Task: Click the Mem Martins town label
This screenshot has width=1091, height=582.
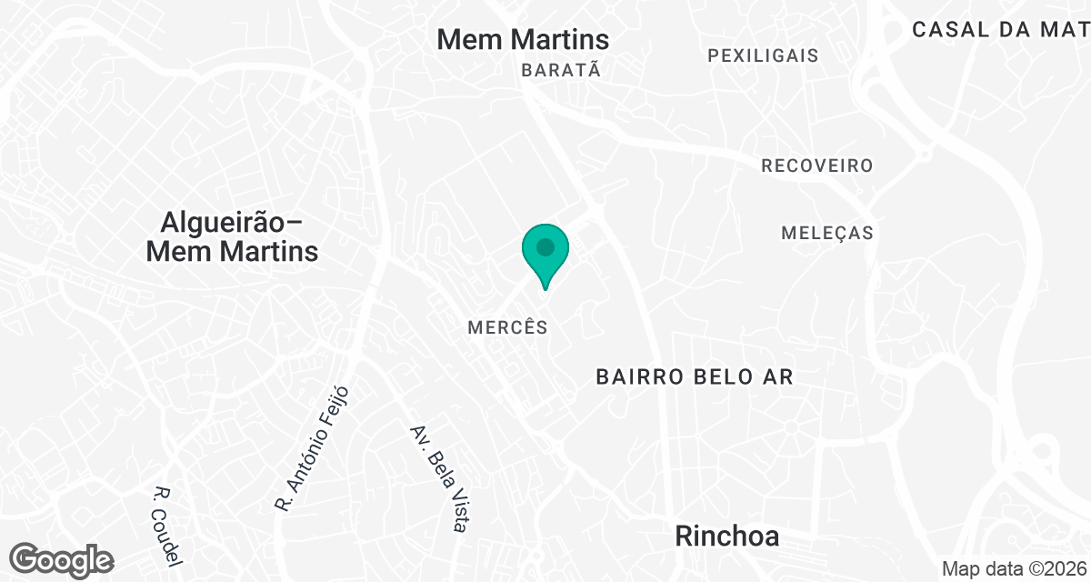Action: click(523, 39)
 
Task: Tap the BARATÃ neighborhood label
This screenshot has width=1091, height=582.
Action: click(561, 70)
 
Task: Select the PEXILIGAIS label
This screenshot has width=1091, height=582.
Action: click(763, 55)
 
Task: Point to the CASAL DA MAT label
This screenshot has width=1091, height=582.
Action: click(1000, 29)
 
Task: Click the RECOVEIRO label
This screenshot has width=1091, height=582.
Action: click(816, 166)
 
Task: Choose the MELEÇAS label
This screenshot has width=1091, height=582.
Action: click(827, 233)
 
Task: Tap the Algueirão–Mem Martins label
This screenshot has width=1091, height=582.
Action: click(232, 236)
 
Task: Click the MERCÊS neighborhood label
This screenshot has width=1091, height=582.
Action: click(507, 327)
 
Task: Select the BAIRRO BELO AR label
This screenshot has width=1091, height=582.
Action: click(695, 376)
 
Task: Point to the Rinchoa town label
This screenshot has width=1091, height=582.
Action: click(726, 537)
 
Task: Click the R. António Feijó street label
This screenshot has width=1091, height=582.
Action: click(311, 448)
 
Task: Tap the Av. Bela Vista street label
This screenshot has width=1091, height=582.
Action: click(439, 478)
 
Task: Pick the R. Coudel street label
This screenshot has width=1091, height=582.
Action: click(169, 526)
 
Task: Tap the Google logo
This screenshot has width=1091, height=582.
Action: click(62, 559)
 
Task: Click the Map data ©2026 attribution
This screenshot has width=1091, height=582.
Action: click(1014, 568)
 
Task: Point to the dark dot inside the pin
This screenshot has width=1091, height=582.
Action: click(545, 246)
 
